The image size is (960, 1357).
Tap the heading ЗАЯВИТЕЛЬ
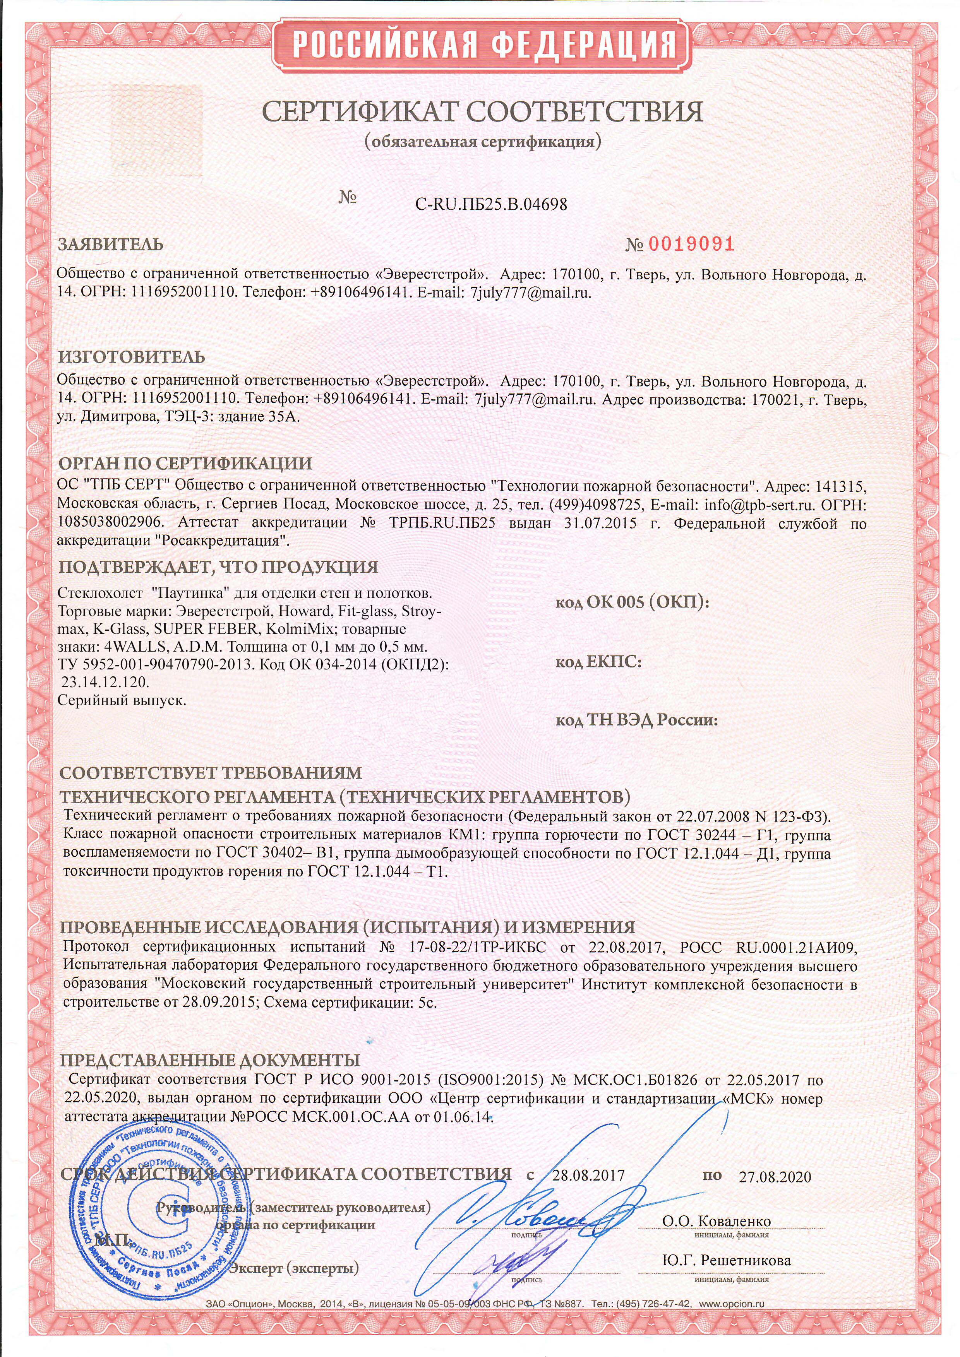(x=111, y=244)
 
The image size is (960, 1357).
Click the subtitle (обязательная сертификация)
(x=482, y=142)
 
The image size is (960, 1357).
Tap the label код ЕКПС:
(x=598, y=662)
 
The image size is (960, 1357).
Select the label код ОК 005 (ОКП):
(x=632, y=602)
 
